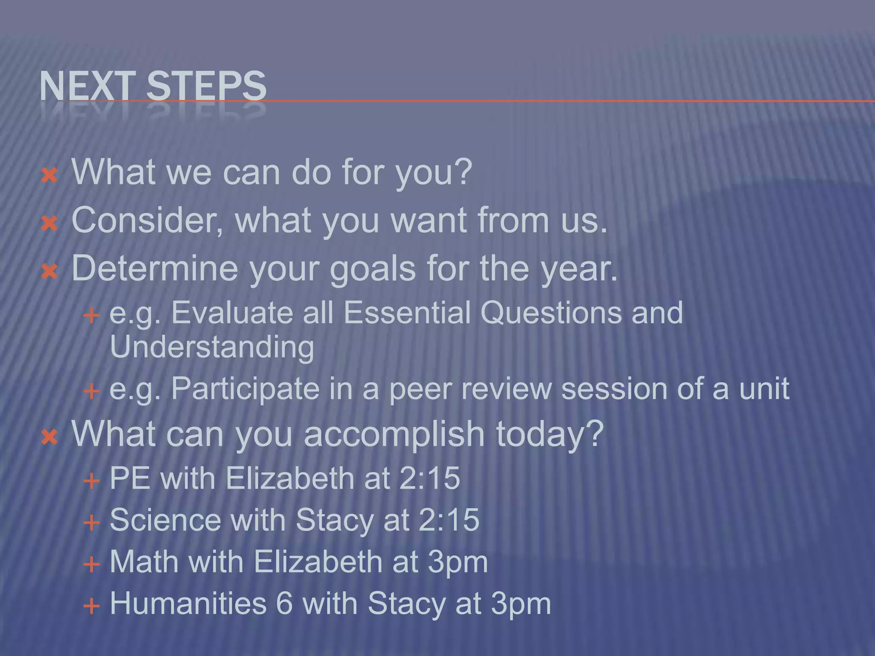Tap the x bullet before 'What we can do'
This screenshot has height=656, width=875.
[50, 175]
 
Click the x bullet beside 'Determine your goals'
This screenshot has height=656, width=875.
[50, 271]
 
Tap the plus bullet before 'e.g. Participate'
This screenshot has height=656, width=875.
[91, 390]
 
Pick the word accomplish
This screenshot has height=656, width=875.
[394, 433]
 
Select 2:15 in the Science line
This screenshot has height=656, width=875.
[449, 520]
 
